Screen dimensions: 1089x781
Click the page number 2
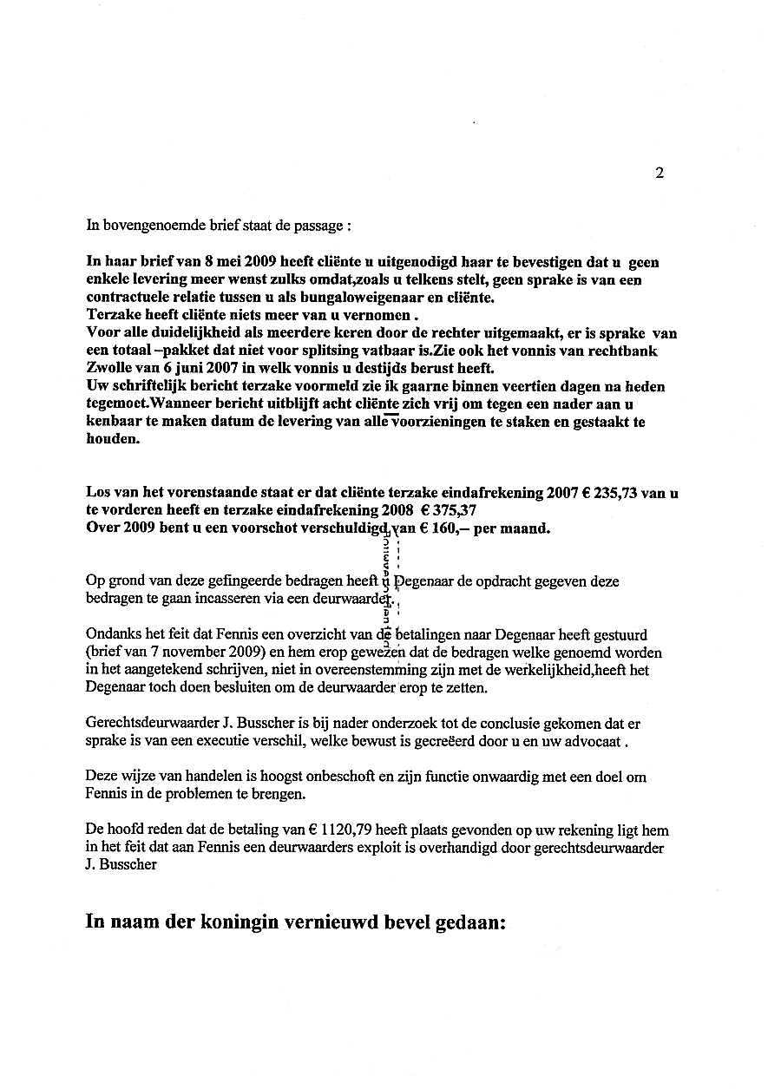click(x=660, y=173)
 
